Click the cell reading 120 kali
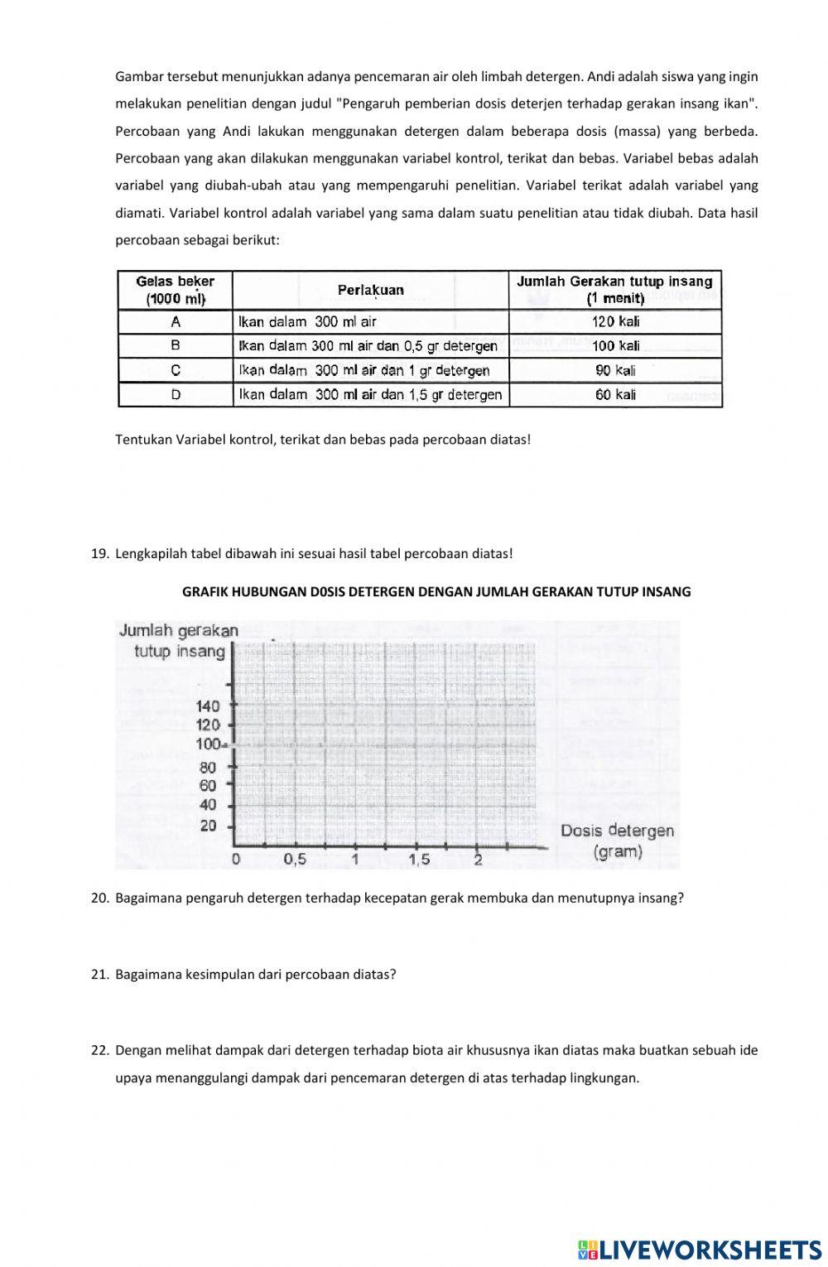click(x=615, y=321)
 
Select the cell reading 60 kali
click(x=615, y=395)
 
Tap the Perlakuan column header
click(x=370, y=290)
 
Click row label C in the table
click(x=176, y=370)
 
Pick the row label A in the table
click(x=176, y=321)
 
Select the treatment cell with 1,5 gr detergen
click(x=370, y=395)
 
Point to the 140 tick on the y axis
click(x=208, y=706)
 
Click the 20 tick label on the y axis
click(x=208, y=826)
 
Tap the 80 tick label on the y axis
click(x=208, y=767)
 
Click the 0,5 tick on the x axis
click(x=295, y=860)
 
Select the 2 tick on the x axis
click(x=478, y=860)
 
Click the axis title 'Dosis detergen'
click(x=617, y=831)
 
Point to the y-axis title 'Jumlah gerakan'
click(x=178, y=631)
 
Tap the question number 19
click(x=99, y=553)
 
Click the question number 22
click(x=99, y=1050)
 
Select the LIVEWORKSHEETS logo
click(x=699, y=1250)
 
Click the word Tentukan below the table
click(x=143, y=439)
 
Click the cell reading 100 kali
click(x=615, y=346)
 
